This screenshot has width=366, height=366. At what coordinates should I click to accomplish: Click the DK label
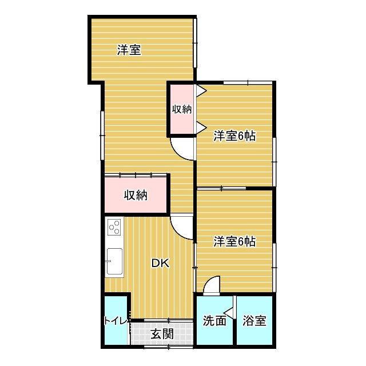coord(160,263)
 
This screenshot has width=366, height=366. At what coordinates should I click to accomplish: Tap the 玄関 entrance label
coord(162,334)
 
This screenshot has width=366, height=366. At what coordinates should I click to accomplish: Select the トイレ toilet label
coord(116,321)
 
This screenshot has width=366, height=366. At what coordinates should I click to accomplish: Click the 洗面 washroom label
coord(214,321)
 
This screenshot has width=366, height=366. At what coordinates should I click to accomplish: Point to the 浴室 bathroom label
coord(254,321)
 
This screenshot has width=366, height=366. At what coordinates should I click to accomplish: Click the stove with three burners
coord(114,227)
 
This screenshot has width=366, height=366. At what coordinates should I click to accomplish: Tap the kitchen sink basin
coord(114,261)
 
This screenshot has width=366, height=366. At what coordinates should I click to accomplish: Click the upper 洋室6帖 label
coord(234,136)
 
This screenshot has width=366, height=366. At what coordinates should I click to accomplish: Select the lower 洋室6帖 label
coord(234,241)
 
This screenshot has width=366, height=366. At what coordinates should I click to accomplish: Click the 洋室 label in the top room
coord(129,50)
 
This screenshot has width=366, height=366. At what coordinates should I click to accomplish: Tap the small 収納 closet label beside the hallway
coord(182,109)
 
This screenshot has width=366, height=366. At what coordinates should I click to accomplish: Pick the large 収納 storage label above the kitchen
coord(136,195)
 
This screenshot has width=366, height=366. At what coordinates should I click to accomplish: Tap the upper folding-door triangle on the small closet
coord(201,90)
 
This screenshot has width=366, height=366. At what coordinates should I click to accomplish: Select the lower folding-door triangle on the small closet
coord(201,128)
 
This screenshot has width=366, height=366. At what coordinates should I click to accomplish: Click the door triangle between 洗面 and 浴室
coord(229,313)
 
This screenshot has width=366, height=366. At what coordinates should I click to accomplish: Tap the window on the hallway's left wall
coord(102,136)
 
